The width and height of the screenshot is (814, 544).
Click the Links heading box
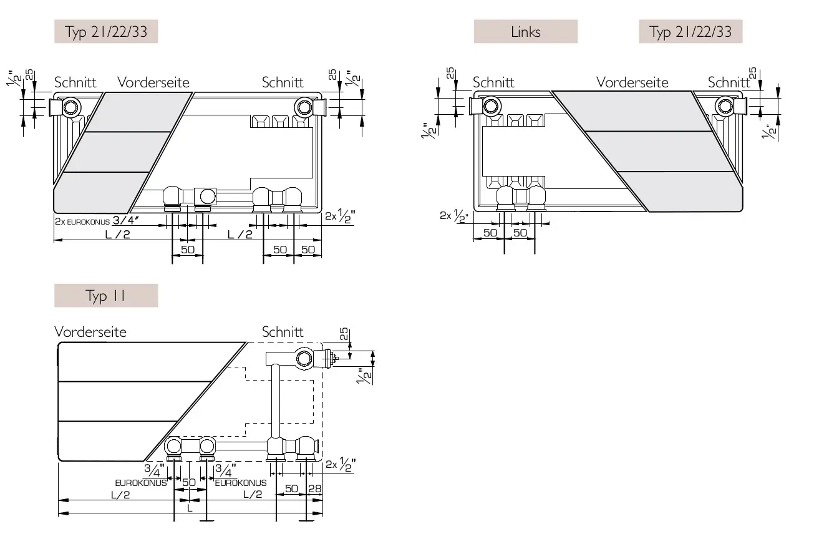[525, 32]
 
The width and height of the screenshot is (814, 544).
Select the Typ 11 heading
[106, 296]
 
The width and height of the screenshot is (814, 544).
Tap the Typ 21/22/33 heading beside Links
[690, 32]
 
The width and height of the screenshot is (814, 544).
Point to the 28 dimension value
[315, 488]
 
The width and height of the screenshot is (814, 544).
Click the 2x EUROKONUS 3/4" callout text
[97, 221]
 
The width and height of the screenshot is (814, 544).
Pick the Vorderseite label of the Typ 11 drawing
[90, 332]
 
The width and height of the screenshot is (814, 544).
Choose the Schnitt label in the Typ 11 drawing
[283, 332]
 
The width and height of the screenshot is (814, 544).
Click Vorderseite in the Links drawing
[632, 82]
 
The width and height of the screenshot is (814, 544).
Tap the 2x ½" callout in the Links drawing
[453, 216]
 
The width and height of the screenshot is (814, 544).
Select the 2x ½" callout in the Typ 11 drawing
[340, 464]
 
